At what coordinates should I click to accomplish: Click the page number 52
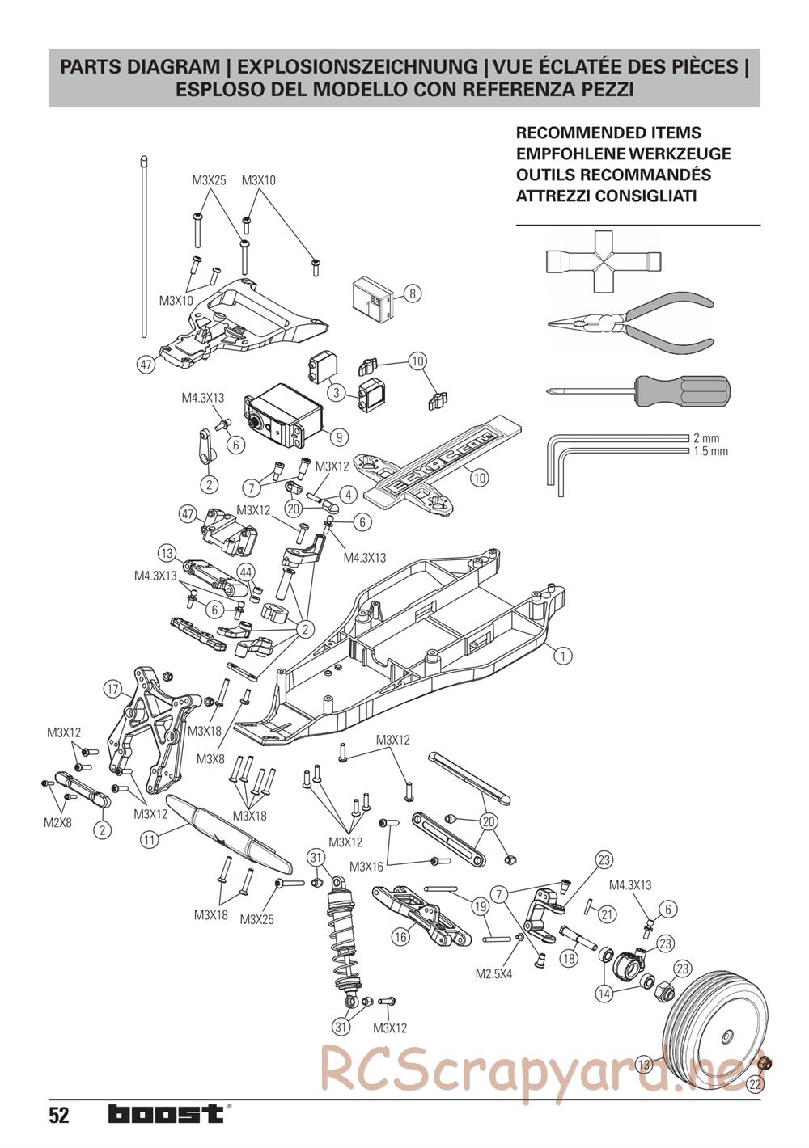58,1116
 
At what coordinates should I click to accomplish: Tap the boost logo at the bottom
166,1114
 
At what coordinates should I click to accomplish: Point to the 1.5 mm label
710,451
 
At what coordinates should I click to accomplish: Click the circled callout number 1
564,656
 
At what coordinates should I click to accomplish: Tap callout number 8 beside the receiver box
412,293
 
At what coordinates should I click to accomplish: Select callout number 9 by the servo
339,437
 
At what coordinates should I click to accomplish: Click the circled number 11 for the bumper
149,840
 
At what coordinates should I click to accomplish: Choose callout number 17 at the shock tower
112,690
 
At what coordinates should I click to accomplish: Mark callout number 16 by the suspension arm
400,937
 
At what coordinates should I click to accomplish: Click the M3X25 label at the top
209,181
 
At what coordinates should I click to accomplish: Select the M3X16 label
366,867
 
